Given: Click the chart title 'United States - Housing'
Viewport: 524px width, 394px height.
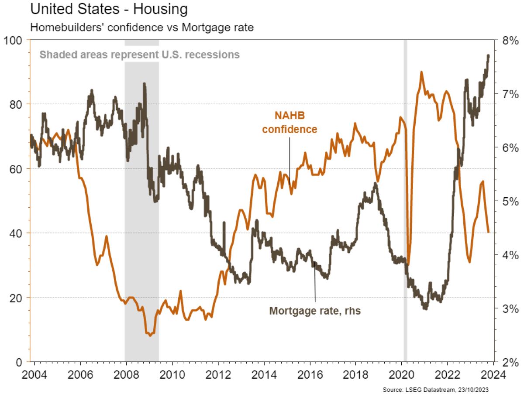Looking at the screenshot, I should point(102,9).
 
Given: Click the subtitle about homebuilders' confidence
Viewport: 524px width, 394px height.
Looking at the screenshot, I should point(141,27).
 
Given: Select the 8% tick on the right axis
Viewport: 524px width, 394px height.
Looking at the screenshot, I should point(508,40).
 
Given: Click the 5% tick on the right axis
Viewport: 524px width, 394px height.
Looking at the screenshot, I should point(508,201).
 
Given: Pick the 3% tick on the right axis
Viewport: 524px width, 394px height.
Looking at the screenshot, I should point(508,308).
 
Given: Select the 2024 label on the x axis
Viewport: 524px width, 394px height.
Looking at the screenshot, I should point(494,375).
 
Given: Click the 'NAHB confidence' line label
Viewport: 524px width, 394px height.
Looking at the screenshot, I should point(296,123).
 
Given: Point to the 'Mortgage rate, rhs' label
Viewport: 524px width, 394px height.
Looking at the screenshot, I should point(315,311).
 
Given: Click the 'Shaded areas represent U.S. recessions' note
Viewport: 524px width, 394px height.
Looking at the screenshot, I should point(140,55).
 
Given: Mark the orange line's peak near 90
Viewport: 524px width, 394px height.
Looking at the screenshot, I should point(421,72).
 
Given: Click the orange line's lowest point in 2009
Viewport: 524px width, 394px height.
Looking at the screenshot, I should point(150,336).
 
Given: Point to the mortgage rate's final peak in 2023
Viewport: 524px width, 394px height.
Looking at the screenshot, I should point(488,55).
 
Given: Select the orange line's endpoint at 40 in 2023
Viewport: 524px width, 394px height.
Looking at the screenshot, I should point(489,233).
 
